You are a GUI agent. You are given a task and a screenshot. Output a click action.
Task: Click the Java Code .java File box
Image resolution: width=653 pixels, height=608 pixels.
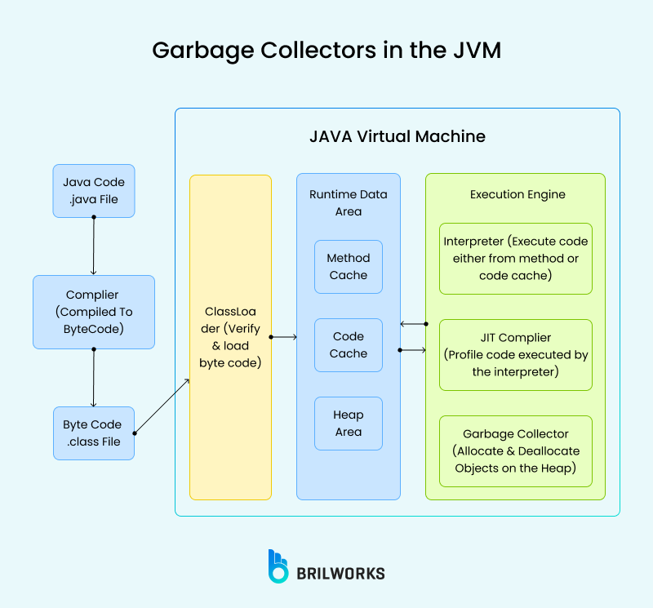point(94,191)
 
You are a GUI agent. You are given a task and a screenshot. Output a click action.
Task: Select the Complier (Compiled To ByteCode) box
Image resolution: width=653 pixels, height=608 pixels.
point(94,312)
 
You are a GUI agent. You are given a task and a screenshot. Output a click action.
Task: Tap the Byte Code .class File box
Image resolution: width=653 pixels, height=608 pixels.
point(94,433)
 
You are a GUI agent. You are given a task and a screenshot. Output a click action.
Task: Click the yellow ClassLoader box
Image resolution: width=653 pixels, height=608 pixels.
point(230,337)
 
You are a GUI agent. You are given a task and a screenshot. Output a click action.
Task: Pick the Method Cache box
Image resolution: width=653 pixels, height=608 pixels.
point(349,267)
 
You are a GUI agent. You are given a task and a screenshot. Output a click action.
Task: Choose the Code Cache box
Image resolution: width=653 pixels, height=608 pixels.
point(349,345)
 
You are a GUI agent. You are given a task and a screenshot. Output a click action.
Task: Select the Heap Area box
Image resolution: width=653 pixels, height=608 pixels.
point(349,424)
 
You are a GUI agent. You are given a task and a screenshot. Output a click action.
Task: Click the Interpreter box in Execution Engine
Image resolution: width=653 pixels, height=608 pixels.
point(516,259)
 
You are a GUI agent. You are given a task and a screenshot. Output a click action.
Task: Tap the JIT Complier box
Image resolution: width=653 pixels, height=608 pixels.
point(516,355)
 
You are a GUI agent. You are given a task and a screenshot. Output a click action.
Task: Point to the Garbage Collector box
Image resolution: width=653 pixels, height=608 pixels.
point(516,451)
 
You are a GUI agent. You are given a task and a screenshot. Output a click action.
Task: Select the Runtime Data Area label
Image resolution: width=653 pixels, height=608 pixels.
point(349,203)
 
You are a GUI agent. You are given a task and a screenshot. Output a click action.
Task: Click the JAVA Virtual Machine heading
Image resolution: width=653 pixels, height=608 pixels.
point(398,136)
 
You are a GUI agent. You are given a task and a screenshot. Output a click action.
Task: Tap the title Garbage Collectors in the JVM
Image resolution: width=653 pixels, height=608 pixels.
point(326,51)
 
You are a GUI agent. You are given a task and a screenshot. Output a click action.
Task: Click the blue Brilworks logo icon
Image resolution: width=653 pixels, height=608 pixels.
point(278,566)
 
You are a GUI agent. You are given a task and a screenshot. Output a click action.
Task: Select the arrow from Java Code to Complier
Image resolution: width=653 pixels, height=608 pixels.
point(94,246)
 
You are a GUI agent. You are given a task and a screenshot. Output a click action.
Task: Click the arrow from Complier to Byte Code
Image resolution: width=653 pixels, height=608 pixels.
point(94,378)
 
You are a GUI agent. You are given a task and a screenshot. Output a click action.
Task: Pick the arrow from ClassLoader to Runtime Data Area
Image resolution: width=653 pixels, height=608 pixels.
point(283,336)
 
